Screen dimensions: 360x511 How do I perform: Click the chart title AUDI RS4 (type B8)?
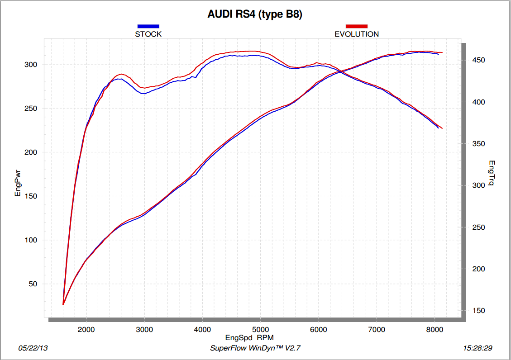point(255,14)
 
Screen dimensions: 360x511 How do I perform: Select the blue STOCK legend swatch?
point(148,26)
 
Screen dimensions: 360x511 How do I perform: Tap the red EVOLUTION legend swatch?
point(357,26)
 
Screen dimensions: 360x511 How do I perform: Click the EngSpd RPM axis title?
point(249,337)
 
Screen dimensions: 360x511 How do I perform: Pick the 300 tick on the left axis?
point(30,65)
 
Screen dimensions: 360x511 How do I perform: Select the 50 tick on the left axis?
point(32,284)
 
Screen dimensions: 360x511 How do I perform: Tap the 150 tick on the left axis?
point(30,196)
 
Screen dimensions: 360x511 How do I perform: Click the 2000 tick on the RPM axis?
point(86,329)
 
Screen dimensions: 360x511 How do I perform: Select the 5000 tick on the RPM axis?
point(260,329)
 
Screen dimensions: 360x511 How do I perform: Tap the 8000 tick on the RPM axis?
point(435,329)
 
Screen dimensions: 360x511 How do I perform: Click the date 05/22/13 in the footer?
point(33,348)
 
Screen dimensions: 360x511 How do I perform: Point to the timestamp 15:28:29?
point(478,348)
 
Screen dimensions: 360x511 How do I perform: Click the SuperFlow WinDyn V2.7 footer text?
point(255,348)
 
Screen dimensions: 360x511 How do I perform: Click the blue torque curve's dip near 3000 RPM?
point(143,94)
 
